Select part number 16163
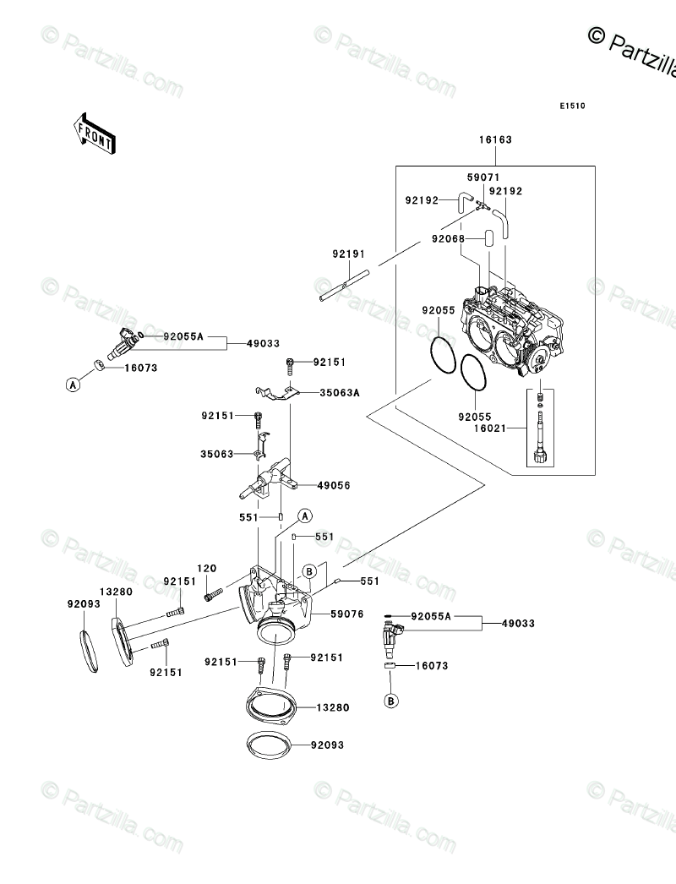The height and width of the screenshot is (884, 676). click(496, 140)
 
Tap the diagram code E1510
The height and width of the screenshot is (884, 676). click(572, 106)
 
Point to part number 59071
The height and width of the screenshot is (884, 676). click(484, 177)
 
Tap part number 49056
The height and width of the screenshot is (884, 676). click(334, 486)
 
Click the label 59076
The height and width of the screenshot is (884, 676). click(347, 615)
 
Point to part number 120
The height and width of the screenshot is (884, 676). click(207, 568)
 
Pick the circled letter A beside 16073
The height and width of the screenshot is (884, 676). click(73, 384)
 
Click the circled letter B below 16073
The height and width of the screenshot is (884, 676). click(391, 701)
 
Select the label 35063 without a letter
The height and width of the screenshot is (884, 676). click(217, 453)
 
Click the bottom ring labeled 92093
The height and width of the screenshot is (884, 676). click(269, 746)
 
